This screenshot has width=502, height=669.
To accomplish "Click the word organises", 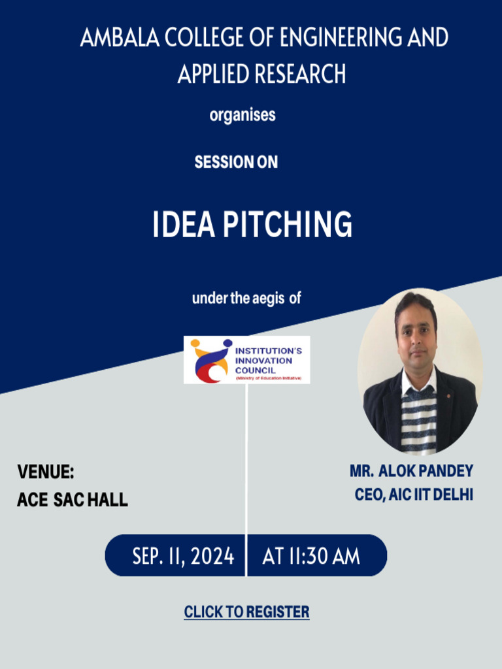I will (x=243, y=115).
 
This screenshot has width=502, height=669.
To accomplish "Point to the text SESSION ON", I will (x=236, y=162).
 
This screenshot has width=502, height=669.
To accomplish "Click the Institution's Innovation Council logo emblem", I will (x=210, y=360).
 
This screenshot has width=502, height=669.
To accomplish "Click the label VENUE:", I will (x=46, y=472).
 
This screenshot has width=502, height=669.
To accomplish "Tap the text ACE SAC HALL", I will (x=73, y=500).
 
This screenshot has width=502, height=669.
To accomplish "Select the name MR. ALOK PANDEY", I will (x=411, y=471).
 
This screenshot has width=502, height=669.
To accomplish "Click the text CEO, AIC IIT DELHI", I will (x=414, y=495).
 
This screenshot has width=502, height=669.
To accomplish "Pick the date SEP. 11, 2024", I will (x=183, y=556).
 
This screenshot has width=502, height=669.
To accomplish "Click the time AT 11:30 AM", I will (x=311, y=556).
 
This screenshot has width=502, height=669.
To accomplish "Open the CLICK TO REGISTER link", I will (x=246, y=612).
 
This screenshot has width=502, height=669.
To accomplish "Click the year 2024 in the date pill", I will (x=213, y=556).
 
